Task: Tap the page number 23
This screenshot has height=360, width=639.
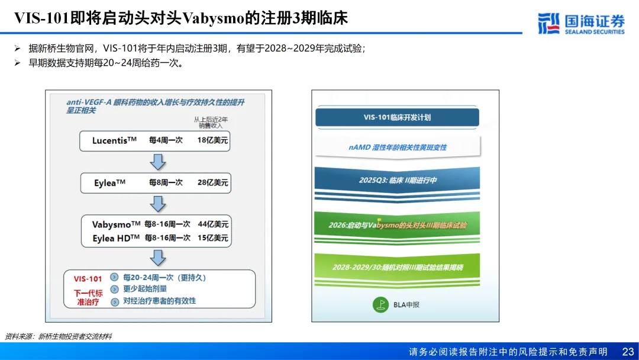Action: pyautogui.click(x=628, y=352)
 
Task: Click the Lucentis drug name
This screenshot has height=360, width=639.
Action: pyautogui.click(x=114, y=141)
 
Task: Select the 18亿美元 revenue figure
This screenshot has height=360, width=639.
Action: pyautogui.click(x=213, y=141)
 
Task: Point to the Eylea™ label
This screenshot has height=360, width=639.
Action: pyautogui.click(x=109, y=184)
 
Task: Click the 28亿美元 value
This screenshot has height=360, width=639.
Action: pyautogui.click(x=213, y=183)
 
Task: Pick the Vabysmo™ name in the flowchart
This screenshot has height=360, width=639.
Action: pyautogui.click(x=116, y=225)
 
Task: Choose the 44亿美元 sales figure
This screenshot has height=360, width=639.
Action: pyautogui.click(x=213, y=224)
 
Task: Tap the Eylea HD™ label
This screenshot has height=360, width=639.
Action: pyautogui.click(x=116, y=238)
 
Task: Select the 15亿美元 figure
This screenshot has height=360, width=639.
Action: pyautogui.click(x=213, y=238)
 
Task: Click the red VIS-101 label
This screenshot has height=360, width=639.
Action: pyautogui.click(x=88, y=279)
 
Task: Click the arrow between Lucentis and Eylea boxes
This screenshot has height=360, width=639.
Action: pyautogui.click(x=158, y=162)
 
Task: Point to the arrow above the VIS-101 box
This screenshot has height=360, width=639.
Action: pyautogui.click(x=158, y=258)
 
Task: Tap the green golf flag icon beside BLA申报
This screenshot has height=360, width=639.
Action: pyautogui.click(x=380, y=305)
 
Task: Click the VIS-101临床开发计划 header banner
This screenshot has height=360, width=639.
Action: pyautogui.click(x=397, y=117)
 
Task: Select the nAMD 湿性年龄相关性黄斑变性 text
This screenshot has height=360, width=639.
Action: pyautogui.click(x=397, y=147)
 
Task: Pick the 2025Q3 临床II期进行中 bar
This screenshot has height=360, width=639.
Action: pyautogui.click(x=397, y=180)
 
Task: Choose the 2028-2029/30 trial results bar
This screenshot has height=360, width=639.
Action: pyautogui.click(x=397, y=267)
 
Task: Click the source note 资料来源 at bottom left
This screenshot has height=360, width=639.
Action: pyautogui.click(x=59, y=336)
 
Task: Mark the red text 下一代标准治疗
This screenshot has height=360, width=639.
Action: pyautogui.click(x=88, y=297)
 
